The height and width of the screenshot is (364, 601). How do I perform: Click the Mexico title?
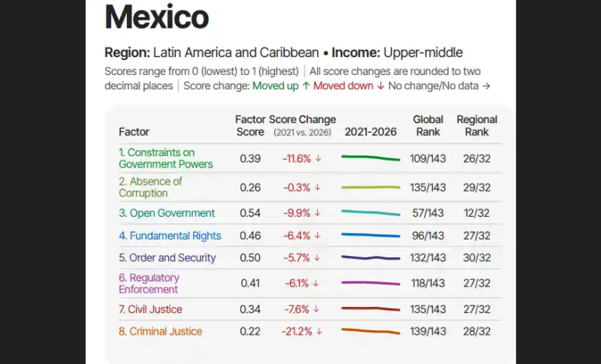pyautogui.click(x=157, y=17)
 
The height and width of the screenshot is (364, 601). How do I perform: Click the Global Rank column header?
pyautogui.click(x=427, y=125)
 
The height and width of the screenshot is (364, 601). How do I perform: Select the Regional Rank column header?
pyautogui.click(x=477, y=125)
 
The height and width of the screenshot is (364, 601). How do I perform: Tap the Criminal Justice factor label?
pyautogui.click(x=160, y=332)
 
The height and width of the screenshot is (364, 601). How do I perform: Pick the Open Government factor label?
pyautogui.click(x=167, y=213)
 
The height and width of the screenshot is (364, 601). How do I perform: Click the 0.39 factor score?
pyautogui.click(x=250, y=158)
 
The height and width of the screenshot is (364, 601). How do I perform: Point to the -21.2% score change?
pyautogui.click(x=297, y=332)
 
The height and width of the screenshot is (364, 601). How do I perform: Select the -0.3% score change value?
pyautogui.click(x=297, y=188)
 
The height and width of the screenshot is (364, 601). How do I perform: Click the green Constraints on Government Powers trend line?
pyautogui.click(x=370, y=158)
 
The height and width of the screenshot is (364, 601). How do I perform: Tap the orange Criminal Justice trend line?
pyautogui.click(x=370, y=331)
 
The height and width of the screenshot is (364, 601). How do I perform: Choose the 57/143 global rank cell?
pyautogui.click(x=427, y=213)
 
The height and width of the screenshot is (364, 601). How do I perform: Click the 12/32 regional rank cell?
pyautogui.click(x=477, y=213)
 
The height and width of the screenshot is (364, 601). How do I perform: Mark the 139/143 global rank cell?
pyautogui.click(x=427, y=332)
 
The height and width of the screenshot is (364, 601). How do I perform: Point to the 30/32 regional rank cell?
pyautogui.click(x=477, y=258)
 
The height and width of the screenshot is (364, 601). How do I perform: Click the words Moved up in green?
pyautogui.click(x=275, y=86)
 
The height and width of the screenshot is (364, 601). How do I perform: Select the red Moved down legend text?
pyautogui.click(x=343, y=86)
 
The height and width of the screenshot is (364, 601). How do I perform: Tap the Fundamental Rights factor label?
pyautogui.click(x=170, y=236)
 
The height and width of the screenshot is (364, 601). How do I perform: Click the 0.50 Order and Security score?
pyautogui.click(x=250, y=258)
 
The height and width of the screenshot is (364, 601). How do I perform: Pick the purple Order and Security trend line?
pyautogui.click(x=370, y=258)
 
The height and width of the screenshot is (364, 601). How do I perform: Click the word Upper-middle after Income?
pyautogui.click(x=423, y=53)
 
